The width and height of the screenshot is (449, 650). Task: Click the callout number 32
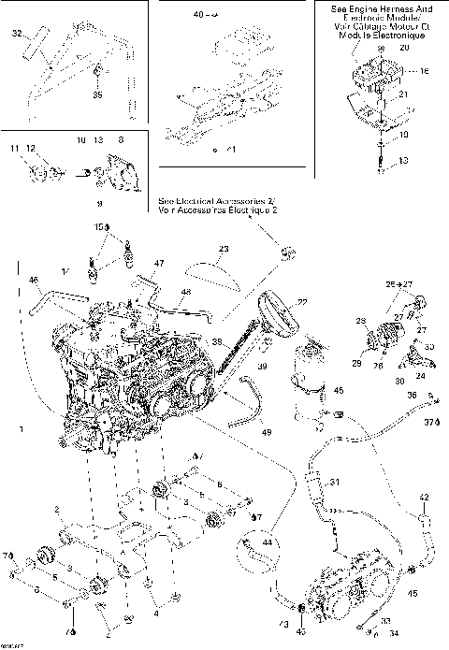coord(17,34)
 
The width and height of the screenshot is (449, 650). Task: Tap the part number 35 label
coord(98,94)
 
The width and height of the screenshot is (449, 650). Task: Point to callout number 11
coord(15,149)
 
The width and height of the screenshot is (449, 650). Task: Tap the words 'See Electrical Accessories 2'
coord(216,201)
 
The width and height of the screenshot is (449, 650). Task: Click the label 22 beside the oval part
coord(302,301)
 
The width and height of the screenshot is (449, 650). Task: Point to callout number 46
coord(34,280)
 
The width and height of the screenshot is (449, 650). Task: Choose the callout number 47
coord(159,264)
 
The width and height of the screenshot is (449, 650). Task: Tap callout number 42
coord(423,497)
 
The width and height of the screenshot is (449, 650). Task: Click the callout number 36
coord(412,396)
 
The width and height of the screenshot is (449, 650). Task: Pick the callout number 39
coord(264,366)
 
